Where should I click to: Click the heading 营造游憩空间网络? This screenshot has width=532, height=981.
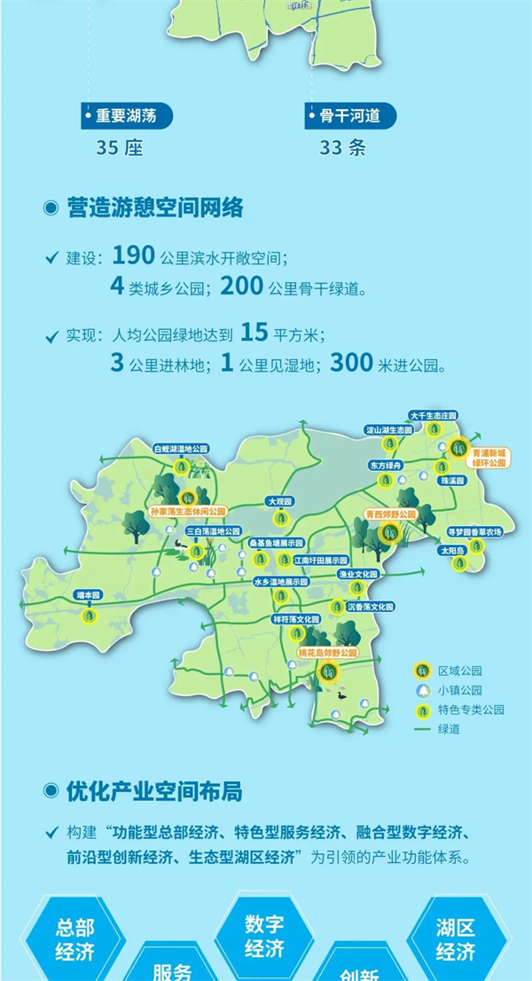point(154,208)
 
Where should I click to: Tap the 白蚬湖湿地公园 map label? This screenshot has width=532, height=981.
point(184,450)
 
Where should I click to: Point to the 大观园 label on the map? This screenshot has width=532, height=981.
point(279,503)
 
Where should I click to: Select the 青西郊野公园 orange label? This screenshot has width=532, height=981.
point(390,515)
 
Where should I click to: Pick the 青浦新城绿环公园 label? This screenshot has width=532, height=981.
point(490,457)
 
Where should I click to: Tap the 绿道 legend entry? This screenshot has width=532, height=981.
point(437,728)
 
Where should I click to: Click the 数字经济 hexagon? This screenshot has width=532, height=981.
point(265,935)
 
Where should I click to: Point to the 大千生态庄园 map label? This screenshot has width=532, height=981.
point(433,415)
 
